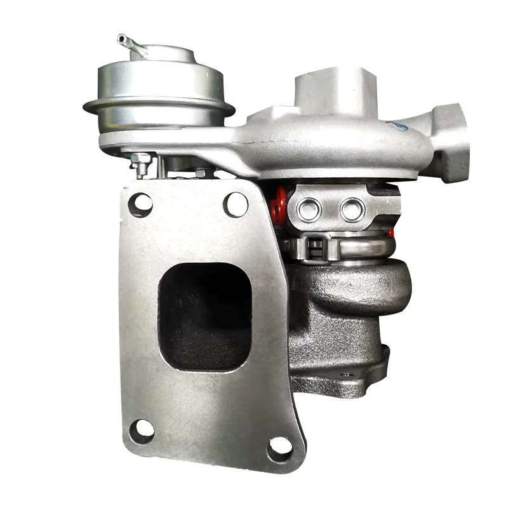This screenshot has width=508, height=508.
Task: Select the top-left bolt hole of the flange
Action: point(140,204)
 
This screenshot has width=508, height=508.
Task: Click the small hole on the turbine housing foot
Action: point(347,375)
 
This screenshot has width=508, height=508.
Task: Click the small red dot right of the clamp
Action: point(392,233)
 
